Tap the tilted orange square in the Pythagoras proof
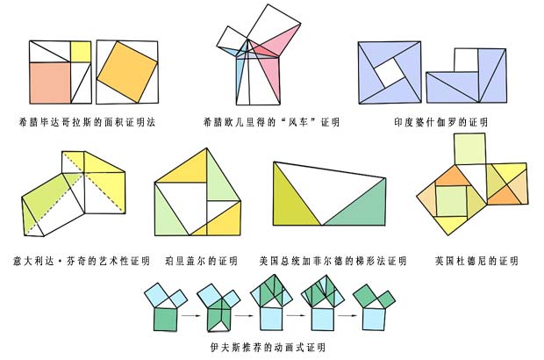tap(127, 71)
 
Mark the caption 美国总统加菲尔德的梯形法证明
tap(333, 261)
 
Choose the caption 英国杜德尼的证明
tap(476, 261)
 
